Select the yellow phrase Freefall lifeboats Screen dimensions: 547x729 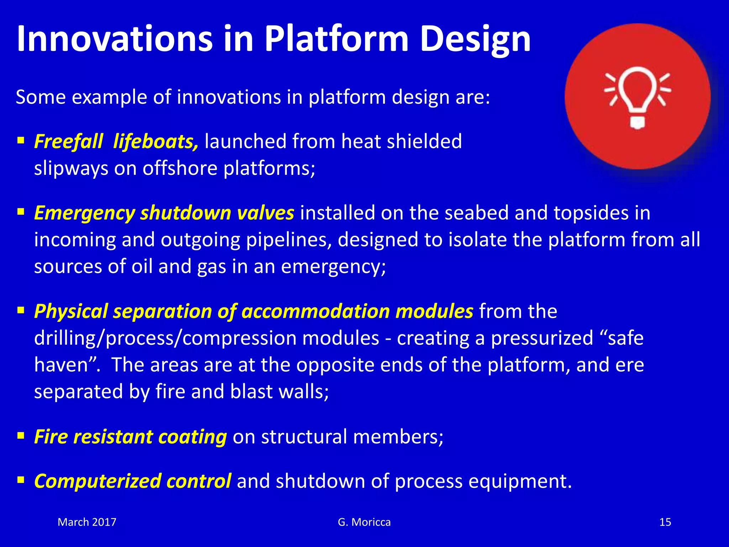[116, 142]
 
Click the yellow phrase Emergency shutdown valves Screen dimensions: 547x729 [164, 213]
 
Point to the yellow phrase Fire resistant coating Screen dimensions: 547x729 [130, 437]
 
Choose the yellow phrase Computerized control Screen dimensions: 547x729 [132, 481]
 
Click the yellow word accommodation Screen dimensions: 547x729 [315, 311]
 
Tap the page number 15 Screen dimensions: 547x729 [665, 522]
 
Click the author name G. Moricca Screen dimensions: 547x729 [364, 522]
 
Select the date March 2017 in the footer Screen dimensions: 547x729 [87, 522]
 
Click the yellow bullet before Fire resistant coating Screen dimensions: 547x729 [21, 435]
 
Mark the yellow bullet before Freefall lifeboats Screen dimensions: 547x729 [21, 140]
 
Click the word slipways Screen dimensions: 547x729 [71, 168]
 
